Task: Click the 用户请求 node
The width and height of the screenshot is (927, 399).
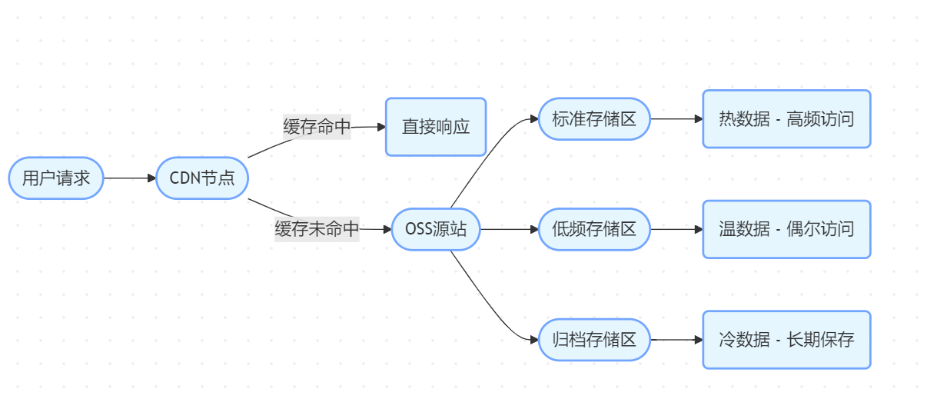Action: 56,178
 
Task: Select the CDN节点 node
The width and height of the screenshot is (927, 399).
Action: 201,178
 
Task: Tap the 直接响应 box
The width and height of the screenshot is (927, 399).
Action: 436,127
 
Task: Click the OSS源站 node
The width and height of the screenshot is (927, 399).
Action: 436,229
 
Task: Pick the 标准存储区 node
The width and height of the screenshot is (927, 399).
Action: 594,119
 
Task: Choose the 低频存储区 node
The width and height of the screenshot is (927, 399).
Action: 594,229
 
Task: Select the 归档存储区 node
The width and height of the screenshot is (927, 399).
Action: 594,339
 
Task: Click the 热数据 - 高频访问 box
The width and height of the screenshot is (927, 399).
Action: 786,119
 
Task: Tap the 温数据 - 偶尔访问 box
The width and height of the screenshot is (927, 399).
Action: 786,229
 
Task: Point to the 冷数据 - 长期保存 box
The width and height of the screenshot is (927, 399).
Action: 786,339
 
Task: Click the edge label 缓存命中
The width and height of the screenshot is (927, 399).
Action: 317,127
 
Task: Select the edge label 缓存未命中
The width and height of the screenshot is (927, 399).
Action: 317,229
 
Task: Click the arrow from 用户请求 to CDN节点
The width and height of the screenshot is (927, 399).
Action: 129,178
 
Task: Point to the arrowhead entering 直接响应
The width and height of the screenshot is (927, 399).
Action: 380,127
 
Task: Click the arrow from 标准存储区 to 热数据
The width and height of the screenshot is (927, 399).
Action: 676,119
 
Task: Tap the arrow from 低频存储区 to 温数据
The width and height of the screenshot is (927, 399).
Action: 676,229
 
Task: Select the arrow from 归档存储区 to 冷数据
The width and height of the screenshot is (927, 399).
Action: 676,339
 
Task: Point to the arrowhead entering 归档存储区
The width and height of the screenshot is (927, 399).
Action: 533,339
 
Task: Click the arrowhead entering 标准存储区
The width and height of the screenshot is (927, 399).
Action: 533,119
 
